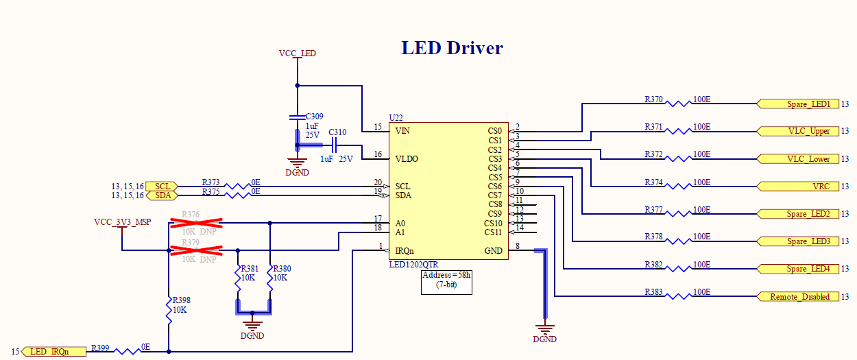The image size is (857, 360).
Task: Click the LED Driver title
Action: [x=452, y=48]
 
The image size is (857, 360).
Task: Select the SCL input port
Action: [x=162, y=187]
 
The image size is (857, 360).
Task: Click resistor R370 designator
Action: [x=653, y=99]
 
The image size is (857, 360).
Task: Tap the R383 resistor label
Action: [x=653, y=292]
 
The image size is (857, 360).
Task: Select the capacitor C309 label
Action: [x=315, y=117]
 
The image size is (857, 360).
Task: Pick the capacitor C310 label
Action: [x=337, y=132]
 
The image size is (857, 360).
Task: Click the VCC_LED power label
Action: [x=297, y=53]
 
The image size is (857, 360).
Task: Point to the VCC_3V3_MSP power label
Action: [x=122, y=222]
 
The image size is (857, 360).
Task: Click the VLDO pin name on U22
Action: [x=407, y=159]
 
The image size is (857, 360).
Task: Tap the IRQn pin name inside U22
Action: [x=405, y=251]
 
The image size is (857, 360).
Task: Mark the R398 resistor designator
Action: [x=182, y=300]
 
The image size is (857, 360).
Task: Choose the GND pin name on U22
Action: [x=493, y=251]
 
